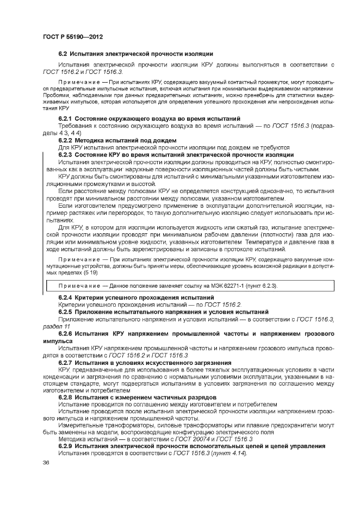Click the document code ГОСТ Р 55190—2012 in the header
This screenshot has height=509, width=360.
click(x=73, y=36)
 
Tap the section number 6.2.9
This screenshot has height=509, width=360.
click(x=65, y=446)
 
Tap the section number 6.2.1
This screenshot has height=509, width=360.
click(x=65, y=119)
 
